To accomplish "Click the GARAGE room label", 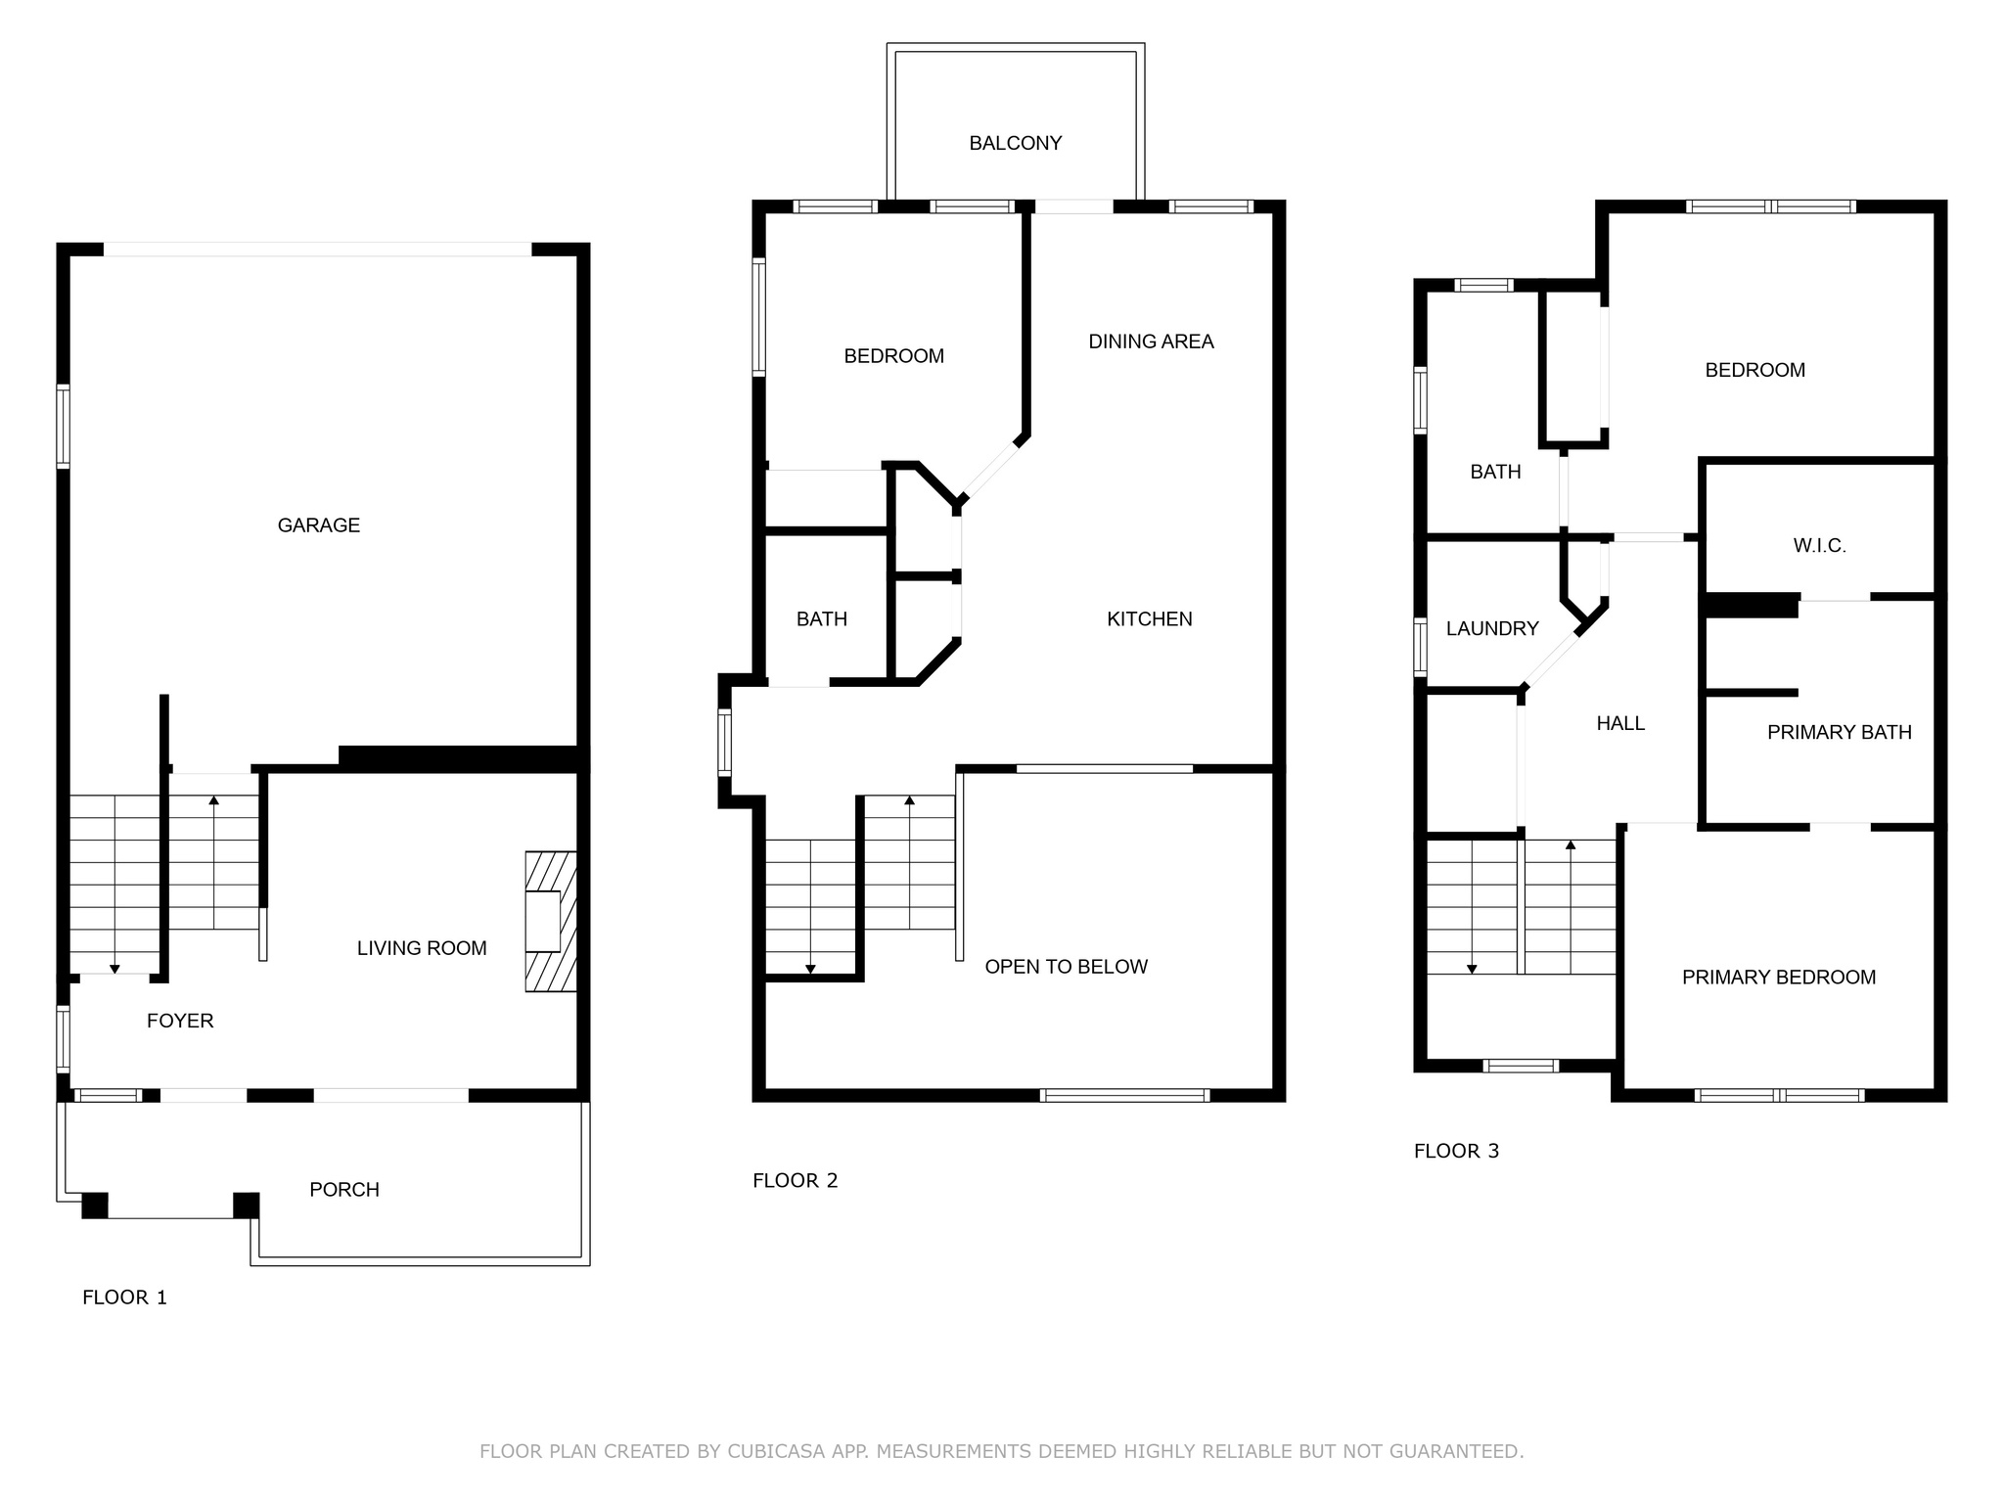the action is click(x=319, y=525).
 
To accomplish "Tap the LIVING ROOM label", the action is click(x=422, y=948).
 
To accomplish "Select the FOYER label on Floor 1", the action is click(x=180, y=1022).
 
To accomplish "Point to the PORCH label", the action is click(x=344, y=1190).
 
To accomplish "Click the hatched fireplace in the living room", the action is click(x=551, y=922).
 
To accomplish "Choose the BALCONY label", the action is click(x=1016, y=144).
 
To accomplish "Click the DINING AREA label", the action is click(x=1152, y=342).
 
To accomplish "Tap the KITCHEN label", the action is click(x=1150, y=619).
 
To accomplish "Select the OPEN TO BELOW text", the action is click(x=1067, y=967).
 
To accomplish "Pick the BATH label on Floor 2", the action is click(x=822, y=619).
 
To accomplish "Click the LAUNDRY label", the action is click(x=1493, y=629).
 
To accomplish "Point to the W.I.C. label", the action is click(x=1820, y=546).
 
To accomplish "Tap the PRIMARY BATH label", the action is click(x=1840, y=733).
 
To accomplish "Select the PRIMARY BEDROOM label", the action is click(x=1779, y=978).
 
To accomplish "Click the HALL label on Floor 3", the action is click(x=1621, y=724).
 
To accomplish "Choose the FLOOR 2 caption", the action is click(x=796, y=1181).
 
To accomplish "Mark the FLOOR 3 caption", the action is click(x=1457, y=1152).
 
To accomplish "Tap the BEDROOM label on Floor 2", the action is click(x=894, y=356).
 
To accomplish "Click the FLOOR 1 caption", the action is click(x=125, y=1298).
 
